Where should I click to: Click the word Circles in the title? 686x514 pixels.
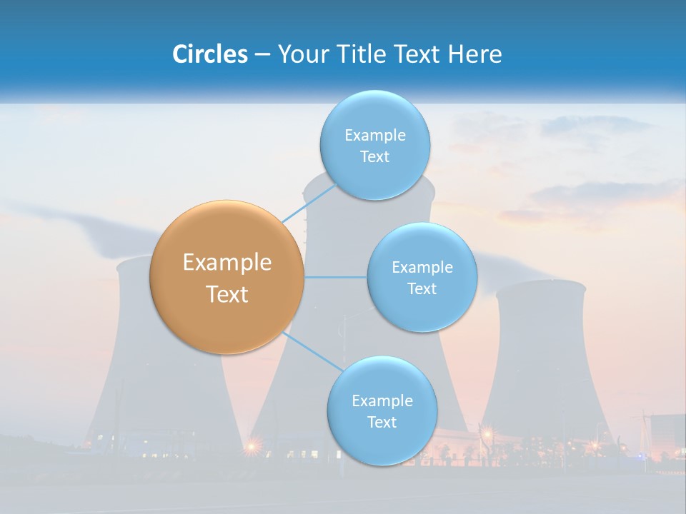click(x=210, y=54)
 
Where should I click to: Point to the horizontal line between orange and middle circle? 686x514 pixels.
click(x=335, y=277)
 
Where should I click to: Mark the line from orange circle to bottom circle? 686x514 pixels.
click(x=313, y=351)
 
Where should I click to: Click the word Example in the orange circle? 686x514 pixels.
click(x=227, y=263)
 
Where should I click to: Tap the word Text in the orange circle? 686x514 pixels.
click(x=227, y=294)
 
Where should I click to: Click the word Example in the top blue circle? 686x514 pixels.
click(x=374, y=135)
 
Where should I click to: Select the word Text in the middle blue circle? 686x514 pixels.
click(x=422, y=288)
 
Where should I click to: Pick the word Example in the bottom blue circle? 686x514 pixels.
click(x=382, y=400)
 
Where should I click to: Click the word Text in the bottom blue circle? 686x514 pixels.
click(x=382, y=422)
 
